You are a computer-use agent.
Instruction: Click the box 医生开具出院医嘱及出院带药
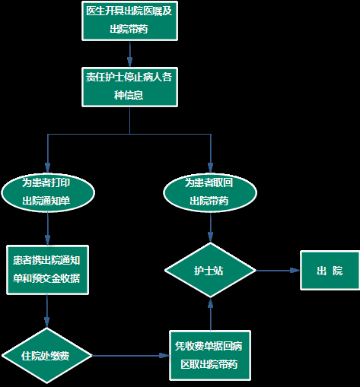129,21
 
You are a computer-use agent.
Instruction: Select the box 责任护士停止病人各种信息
129,87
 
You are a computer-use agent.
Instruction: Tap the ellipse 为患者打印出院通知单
48,192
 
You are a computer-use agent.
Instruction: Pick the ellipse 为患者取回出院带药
210,192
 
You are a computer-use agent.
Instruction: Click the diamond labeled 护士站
210,270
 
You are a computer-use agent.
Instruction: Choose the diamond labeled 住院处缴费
47,356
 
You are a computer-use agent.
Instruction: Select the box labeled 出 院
330,270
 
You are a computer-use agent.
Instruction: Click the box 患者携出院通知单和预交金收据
47,270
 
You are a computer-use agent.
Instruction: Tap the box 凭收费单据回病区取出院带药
210,355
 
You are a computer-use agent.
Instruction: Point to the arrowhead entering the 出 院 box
295,271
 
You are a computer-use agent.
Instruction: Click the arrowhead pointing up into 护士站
210,303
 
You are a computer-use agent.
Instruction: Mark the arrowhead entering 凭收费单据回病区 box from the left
164,356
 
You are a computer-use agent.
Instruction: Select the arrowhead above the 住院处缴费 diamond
47,322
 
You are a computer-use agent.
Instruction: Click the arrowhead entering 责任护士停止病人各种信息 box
130,62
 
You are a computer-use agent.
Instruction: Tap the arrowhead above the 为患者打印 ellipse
48,168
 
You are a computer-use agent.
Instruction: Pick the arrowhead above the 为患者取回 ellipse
210,168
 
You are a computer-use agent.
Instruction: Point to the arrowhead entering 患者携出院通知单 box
47,240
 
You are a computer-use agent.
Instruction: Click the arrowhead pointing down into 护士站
210,237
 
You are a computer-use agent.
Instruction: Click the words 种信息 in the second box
129,95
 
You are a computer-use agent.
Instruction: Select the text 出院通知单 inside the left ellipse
46,201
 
